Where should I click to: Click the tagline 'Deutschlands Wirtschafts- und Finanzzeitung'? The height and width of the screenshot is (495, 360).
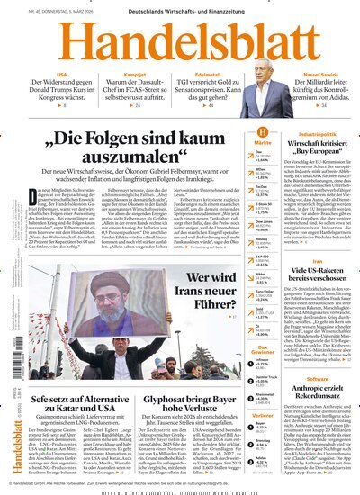pos(180,9)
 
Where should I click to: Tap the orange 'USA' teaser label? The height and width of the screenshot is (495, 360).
pos(61,74)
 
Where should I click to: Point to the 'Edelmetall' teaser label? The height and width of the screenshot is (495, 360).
pos(210,74)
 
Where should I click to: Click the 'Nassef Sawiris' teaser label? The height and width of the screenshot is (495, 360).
pos(317,74)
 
